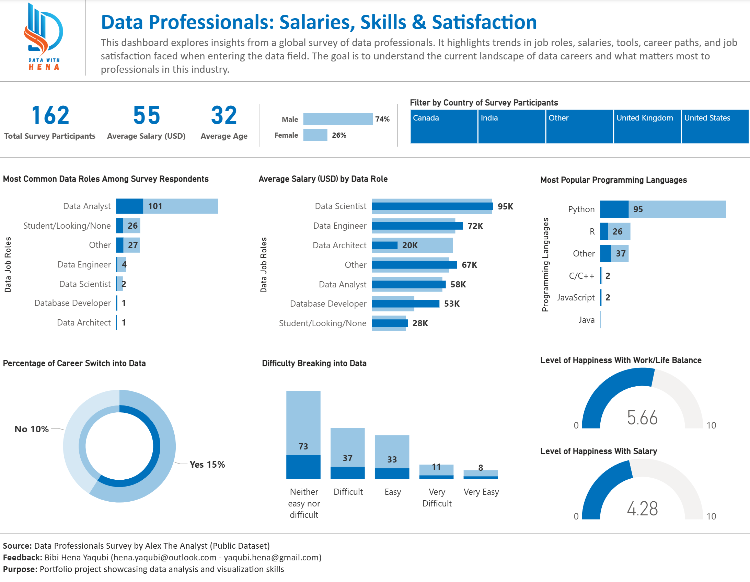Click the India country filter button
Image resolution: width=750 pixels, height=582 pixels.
pyautogui.click(x=511, y=126)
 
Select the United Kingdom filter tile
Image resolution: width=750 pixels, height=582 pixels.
pyautogui.click(x=647, y=126)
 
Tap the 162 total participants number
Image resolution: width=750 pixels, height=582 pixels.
pyautogui.click(x=50, y=115)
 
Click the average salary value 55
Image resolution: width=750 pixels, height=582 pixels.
pyautogui.click(x=147, y=115)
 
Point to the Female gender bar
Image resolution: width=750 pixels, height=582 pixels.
pyautogui.click(x=315, y=135)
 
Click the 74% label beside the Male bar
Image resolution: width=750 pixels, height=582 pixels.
pyautogui.click(x=382, y=119)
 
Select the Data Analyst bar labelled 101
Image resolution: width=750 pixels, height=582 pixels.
pyautogui.click(x=167, y=206)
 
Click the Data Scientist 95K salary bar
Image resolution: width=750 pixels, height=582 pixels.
pyautogui.click(x=432, y=206)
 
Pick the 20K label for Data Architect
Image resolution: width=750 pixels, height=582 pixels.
pyautogui.click(x=410, y=245)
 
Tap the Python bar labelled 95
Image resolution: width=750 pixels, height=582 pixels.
pyautogui.click(x=662, y=209)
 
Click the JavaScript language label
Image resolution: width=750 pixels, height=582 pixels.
pyautogui.click(x=576, y=298)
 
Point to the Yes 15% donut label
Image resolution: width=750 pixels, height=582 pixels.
pyautogui.click(x=207, y=465)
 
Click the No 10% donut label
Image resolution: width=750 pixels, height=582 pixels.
pyautogui.click(x=32, y=429)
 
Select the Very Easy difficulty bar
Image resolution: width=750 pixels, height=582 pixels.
pyautogui.click(x=481, y=474)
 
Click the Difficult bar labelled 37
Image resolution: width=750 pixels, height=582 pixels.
pyautogui.click(x=347, y=454)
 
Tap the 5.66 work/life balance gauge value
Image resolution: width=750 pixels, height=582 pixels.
pyautogui.click(x=642, y=418)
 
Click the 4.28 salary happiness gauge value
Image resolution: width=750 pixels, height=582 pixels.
pyautogui.click(x=642, y=509)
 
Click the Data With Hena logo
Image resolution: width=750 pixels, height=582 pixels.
pyautogui.click(x=43, y=36)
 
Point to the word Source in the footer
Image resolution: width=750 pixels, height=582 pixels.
pyautogui.click(x=17, y=546)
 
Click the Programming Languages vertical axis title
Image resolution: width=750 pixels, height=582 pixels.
pyautogui.click(x=545, y=264)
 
